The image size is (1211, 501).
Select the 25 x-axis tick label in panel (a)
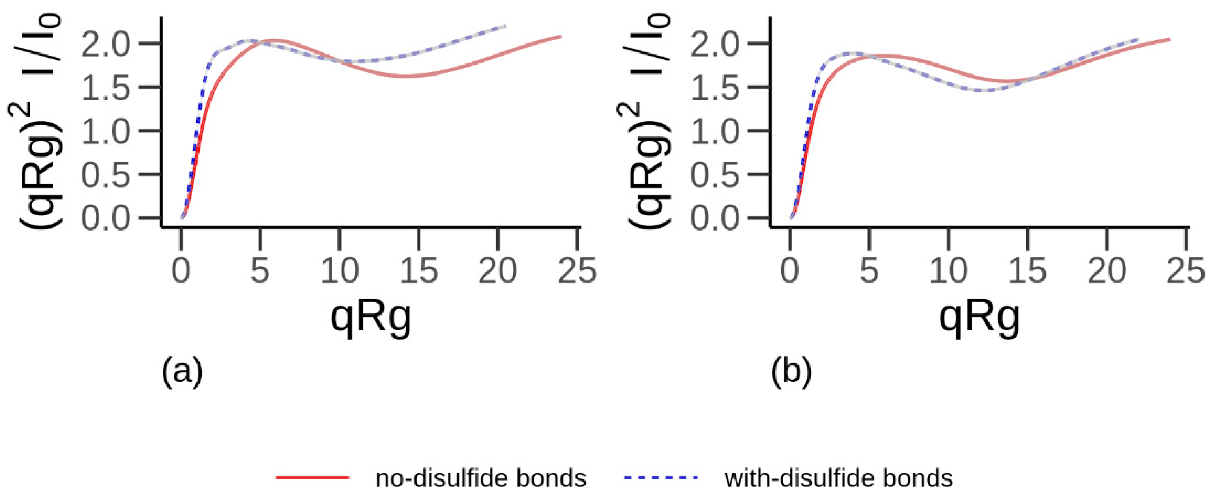coord(577,271)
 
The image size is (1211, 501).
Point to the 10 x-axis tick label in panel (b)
coord(948,271)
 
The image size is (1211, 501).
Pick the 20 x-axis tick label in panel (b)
coord(1107,271)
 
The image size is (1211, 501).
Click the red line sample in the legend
coord(312,477)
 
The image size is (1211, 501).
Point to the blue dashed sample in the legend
coord(661,477)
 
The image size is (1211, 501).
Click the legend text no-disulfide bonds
coord(481,478)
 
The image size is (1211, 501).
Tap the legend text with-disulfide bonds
coord(839,478)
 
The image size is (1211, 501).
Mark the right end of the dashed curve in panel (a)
coord(505,26)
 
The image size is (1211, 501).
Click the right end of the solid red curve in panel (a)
coord(560,36)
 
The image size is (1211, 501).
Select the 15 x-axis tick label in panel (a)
coord(419,271)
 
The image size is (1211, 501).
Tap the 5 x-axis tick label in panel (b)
coord(869,271)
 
